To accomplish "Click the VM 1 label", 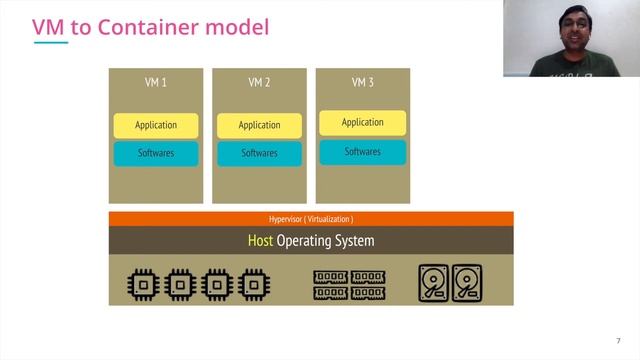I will click(x=155, y=82).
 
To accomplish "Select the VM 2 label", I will click(x=259, y=82).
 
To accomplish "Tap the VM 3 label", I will click(x=362, y=82).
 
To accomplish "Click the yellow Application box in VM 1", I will click(x=155, y=125).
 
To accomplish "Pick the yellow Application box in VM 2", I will click(x=259, y=125).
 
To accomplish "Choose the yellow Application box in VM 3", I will click(x=362, y=122).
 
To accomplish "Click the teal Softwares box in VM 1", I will click(x=155, y=153).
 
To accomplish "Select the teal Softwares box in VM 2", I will click(x=259, y=153).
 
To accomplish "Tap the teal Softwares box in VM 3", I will click(x=362, y=151).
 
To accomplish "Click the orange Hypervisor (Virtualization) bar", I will click(x=311, y=218).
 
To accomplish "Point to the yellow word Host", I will click(x=260, y=241).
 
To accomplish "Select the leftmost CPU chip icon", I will click(x=143, y=284).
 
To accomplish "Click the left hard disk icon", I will click(x=432, y=283).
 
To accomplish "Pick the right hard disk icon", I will click(x=467, y=283).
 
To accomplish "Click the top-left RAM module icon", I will click(x=331, y=276).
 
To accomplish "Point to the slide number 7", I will click(x=618, y=341).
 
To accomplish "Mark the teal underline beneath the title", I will click(x=50, y=43).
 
